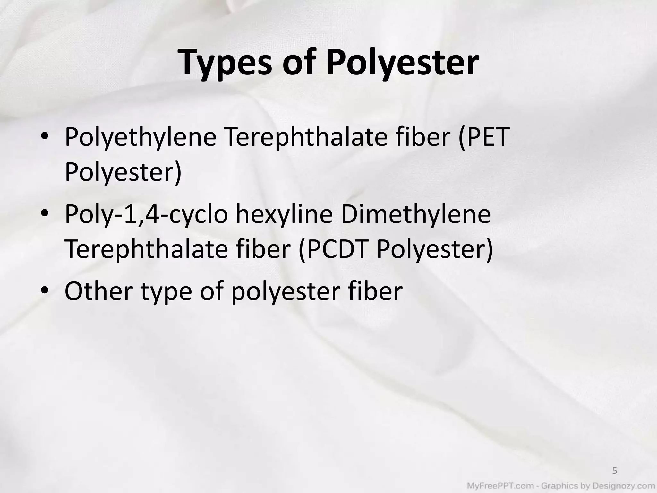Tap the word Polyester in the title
(x=403, y=63)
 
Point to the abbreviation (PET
(x=483, y=136)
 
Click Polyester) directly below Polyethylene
(x=123, y=172)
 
